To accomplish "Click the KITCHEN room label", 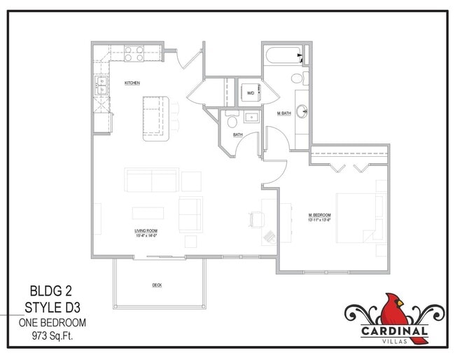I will click(x=132, y=83).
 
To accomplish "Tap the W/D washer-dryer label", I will click(x=250, y=92).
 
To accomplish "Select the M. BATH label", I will click(x=283, y=113).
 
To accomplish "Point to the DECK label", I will click(x=157, y=285).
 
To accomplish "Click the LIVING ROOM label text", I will click(x=146, y=232).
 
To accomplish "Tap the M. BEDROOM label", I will click(x=320, y=215).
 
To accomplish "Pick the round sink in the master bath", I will click(x=303, y=111).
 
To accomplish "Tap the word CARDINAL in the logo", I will click(x=395, y=331).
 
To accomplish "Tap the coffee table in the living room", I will click(x=149, y=212).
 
